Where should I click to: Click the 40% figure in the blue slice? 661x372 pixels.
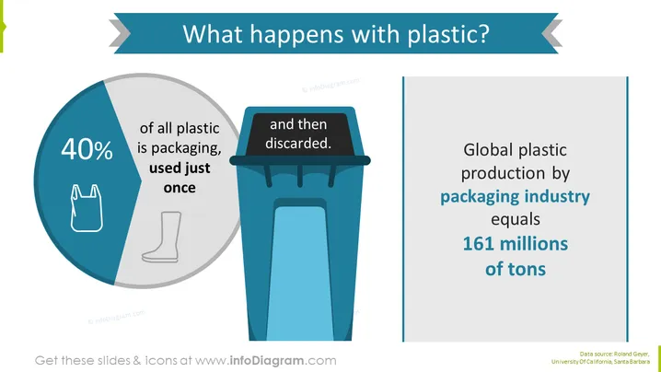tap(87, 149)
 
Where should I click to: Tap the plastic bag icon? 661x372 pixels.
tap(87, 208)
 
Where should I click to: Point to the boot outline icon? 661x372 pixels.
tap(162, 237)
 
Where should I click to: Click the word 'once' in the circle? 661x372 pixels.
tap(180, 188)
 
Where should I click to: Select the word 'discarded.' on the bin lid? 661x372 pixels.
tap(298, 144)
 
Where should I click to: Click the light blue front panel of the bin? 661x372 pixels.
tap(300, 273)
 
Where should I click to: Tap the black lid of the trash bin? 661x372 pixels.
tap(298, 134)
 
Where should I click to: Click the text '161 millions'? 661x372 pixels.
tap(516, 244)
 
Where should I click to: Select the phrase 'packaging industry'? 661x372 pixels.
tap(516, 197)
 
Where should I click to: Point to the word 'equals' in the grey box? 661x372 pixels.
tap(516, 220)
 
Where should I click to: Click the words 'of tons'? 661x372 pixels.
tap(516, 269)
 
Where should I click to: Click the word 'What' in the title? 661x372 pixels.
tap(213, 33)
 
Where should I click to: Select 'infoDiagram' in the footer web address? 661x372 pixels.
tap(266, 361)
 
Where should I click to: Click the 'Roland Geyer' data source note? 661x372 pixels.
tap(631, 355)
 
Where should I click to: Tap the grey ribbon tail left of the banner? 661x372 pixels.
tap(121, 32)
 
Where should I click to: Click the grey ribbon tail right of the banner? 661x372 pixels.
tap(551, 32)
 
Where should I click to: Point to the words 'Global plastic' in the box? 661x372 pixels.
tap(516, 150)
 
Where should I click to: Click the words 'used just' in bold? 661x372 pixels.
tap(180, 168)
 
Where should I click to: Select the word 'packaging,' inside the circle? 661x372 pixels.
tap(185, 148)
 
